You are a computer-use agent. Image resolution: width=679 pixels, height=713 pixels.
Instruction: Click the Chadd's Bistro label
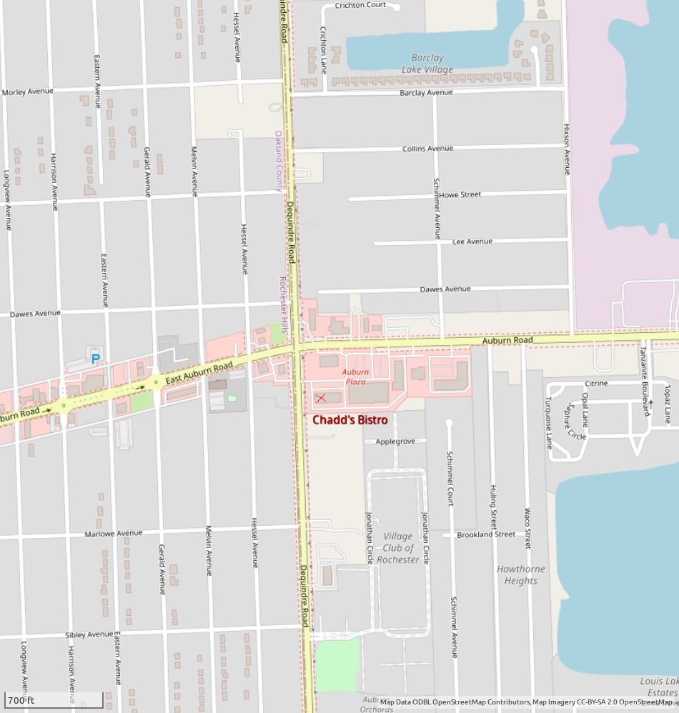(x=350, y=420)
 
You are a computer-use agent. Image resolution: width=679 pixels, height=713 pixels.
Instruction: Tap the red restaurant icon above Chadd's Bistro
(x=321, y=398)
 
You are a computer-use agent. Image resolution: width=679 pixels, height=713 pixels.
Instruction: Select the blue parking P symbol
(x=95, y=359)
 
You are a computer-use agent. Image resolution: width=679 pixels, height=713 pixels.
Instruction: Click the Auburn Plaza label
(x=355, y=377)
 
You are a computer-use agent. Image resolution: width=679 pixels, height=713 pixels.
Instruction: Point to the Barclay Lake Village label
(x=427, y=64)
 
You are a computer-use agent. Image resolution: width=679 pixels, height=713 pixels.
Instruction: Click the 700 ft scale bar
(x=54, y=699)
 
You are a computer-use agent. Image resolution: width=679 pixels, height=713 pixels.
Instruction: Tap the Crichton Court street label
(x=360, y=5)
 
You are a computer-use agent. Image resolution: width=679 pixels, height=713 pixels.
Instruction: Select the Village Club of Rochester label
(x=398, y=547)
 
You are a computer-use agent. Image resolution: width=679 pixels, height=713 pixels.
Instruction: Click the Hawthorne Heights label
(x=520, y=574)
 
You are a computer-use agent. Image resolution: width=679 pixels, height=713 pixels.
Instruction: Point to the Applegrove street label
(x=395, y=442)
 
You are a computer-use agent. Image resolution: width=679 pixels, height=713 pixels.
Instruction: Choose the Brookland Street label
(x=486, y=534)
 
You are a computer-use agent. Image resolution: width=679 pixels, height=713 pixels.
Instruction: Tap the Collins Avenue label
(x=427, y=149)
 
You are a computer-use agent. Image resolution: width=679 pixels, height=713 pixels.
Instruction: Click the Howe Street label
(x=460, y=194)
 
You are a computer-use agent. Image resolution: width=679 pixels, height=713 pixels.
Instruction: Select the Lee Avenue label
(x=472, y=241)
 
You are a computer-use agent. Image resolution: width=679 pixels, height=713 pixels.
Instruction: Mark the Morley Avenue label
(x=28, y=91)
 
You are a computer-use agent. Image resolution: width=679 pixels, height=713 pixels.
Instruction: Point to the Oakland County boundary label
(x=279, y=161)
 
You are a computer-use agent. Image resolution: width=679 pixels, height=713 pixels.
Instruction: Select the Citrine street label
(x=596, y=384)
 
